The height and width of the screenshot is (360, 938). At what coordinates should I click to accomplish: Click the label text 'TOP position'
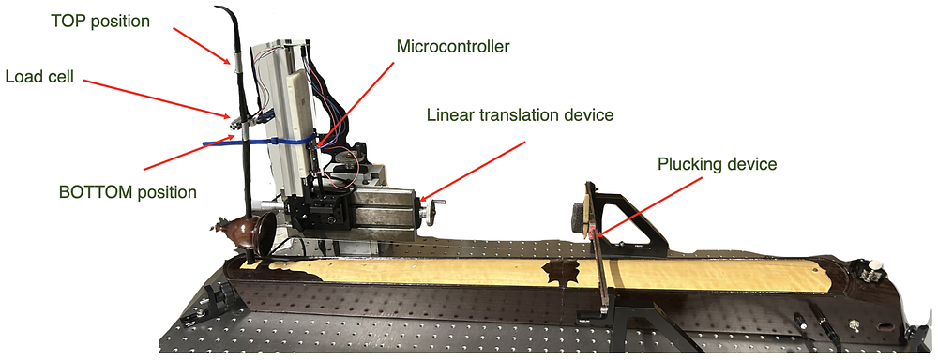[x=100, y=22]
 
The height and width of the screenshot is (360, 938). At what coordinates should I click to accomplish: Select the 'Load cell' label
[x=39, y=77]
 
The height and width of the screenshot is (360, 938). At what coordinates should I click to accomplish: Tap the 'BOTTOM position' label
[x=128, y=192]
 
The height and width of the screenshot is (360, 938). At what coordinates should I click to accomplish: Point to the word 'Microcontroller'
[x=453, y=46]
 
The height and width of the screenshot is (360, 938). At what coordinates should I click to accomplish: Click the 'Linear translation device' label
[x=521, y=114]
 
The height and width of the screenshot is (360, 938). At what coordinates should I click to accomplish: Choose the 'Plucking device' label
[x=718, y=163]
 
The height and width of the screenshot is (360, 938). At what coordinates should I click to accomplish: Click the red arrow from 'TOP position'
[x=201, y=45]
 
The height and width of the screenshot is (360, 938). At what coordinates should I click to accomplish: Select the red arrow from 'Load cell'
[x=156, y=98]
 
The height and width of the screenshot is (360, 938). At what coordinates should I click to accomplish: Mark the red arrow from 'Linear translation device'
[x=473, y=171]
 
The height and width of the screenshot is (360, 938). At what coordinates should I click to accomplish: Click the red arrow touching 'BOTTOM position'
[x=189, y=153]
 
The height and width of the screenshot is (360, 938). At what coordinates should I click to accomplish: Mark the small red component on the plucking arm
[x=594, y=232]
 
